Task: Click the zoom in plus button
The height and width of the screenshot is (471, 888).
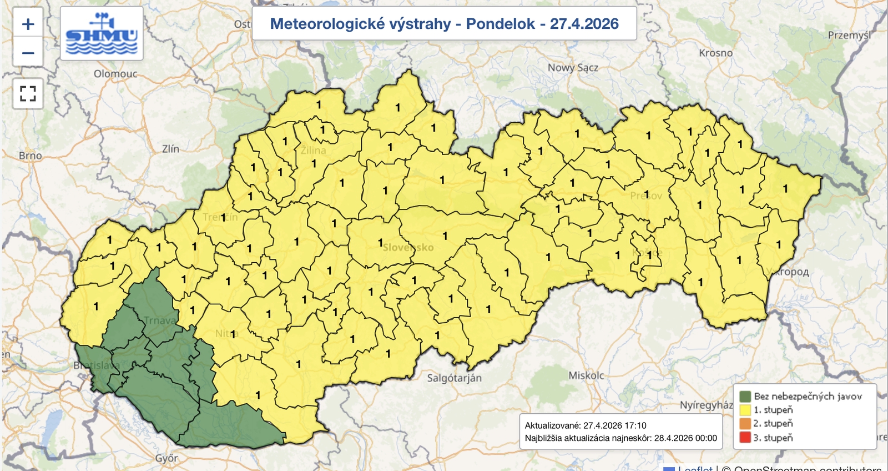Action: tap(28, 24)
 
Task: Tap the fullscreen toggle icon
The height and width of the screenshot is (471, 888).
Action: tap(28, 93)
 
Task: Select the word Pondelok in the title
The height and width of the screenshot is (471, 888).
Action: tap(500, 24)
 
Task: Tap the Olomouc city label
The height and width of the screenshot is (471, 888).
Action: tap(115, 74)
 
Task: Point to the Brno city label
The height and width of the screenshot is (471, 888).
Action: tap(30, 156)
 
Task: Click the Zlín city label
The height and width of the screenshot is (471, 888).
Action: tap(170, 149)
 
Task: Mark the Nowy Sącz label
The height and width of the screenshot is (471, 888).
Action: tap(573, 68)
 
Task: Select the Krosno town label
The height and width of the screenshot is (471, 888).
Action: tap(715, 53)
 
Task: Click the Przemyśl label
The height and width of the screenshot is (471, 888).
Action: tap(849, 36)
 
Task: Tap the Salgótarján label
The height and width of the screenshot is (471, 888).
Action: tap(454, 378)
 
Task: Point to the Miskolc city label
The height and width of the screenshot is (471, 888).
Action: tap(586, 375)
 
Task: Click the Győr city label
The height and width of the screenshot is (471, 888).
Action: tap(167, 458)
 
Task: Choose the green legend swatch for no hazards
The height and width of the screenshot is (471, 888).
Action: tap(745, 397)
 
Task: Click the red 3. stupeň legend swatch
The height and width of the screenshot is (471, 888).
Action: tap(745, 438)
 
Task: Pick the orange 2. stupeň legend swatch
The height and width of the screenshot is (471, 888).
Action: tap(745, 424)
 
